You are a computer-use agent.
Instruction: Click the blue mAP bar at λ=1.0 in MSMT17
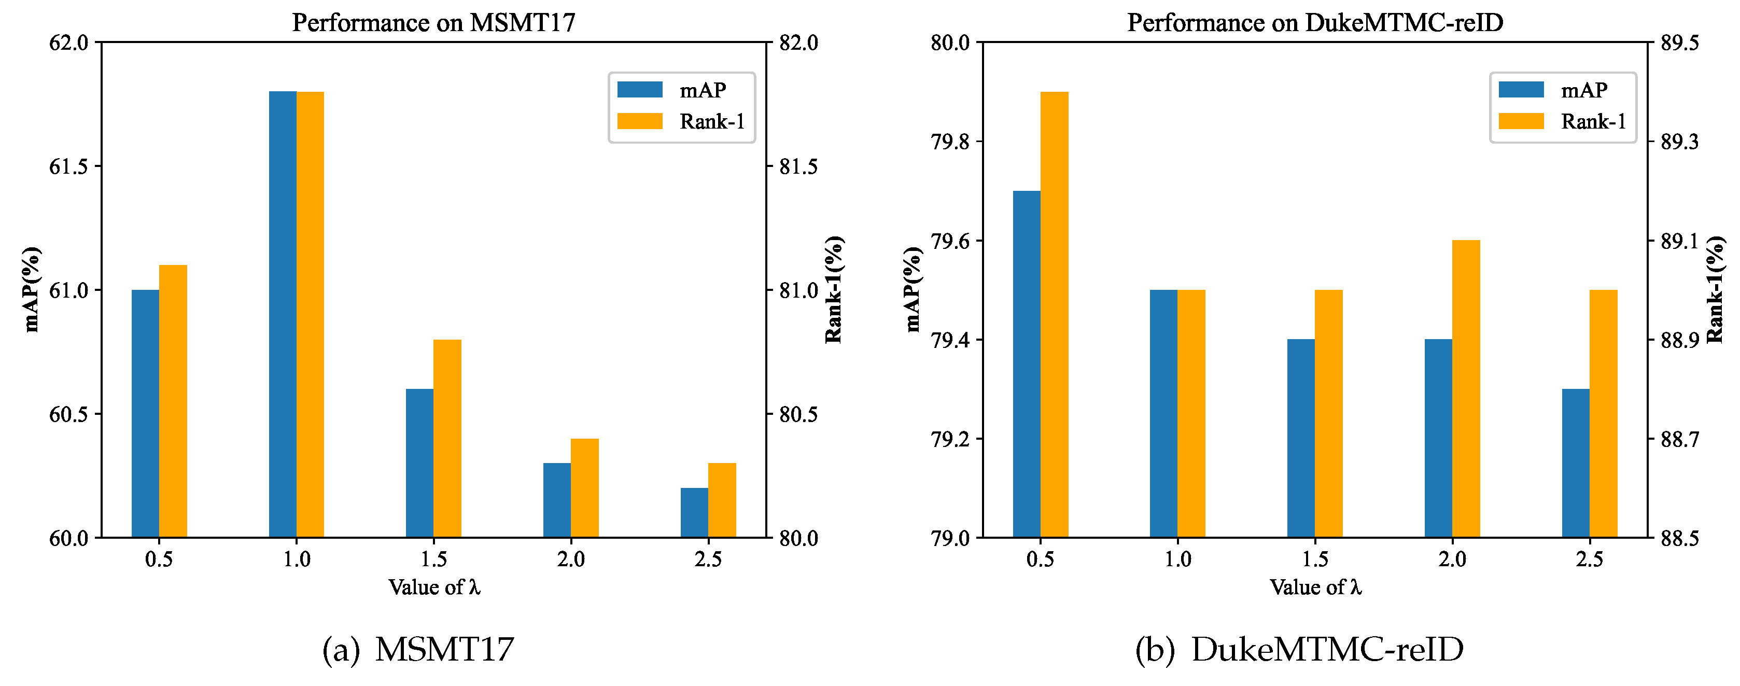283,314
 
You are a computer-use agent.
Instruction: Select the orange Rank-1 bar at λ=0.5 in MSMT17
173,401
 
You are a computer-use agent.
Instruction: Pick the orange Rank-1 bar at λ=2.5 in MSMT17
722,500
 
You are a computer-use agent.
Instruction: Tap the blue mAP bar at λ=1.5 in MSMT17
419,463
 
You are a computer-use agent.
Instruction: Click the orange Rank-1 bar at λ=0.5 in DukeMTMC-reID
1055,315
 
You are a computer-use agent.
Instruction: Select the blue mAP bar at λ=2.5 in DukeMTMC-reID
1575,463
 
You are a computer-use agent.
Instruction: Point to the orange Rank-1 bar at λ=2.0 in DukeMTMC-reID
1466,389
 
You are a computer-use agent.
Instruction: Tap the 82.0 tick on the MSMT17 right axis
799,43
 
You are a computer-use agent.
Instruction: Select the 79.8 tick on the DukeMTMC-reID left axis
950,142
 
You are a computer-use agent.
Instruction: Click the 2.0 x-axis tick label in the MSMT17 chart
571,559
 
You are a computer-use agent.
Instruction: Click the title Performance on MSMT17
433,22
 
